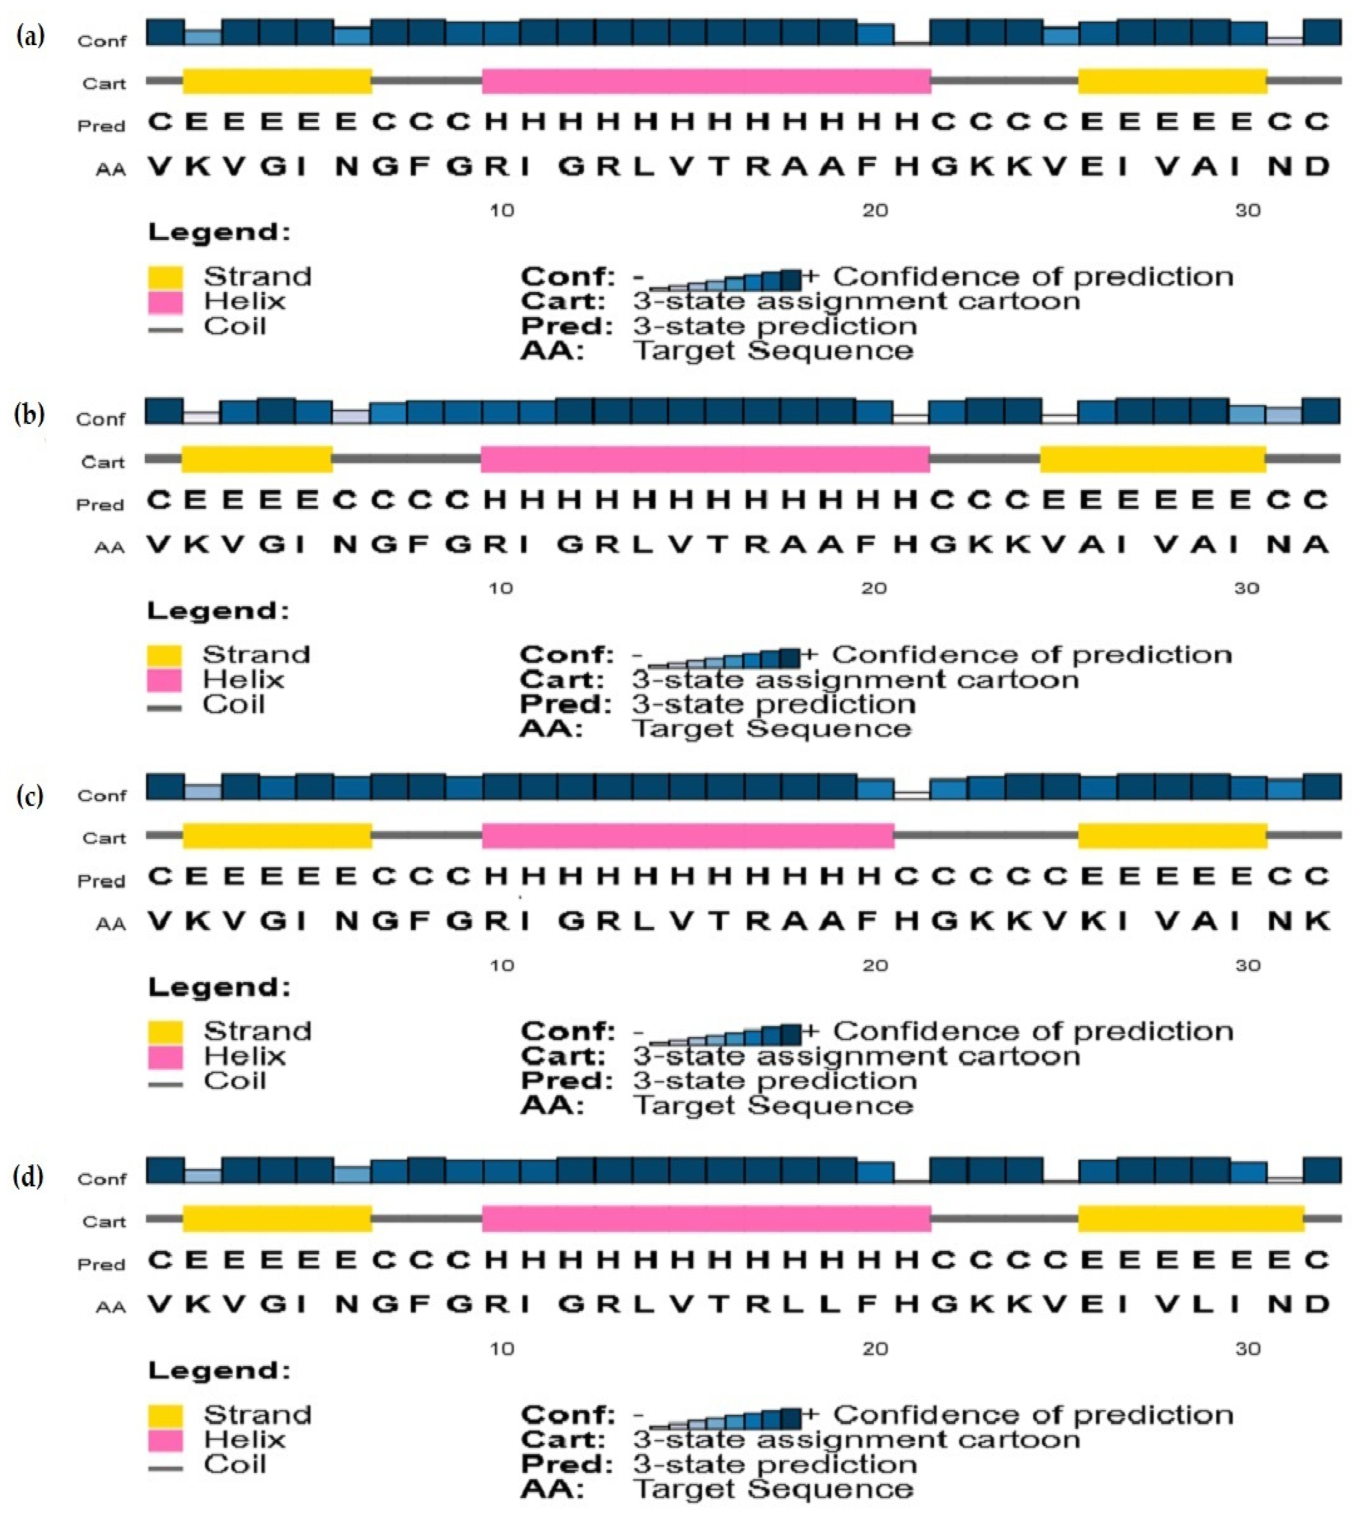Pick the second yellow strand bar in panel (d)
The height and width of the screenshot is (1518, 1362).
click(x=1191, y=1218)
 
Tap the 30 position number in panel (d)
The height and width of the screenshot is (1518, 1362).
click(x=1247, y=1349)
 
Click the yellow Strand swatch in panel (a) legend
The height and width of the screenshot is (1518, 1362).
click(x=166, y=278)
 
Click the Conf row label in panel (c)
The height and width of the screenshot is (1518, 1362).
click(x=102, y=796)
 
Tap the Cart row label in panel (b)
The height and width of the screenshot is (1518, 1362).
click(x=102, y=462)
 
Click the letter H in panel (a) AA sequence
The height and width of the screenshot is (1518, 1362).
click(x=906, y=166)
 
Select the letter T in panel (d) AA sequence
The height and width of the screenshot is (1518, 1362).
click(x=719, y=1305)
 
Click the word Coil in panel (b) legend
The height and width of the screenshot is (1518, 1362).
click(x=234, y=704)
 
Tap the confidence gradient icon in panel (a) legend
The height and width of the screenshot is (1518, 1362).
click(x=724, y=279)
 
